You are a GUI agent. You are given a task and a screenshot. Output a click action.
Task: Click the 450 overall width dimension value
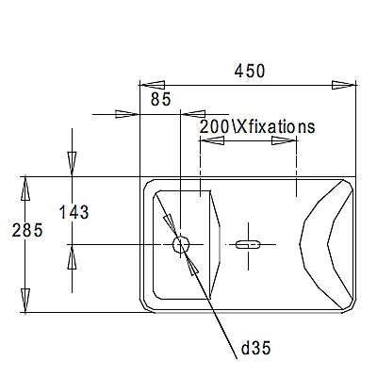pos(250,72)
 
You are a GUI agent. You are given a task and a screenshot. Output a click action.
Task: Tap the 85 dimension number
pos(160,97)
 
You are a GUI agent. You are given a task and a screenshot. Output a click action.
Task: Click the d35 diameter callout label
pos(255,349)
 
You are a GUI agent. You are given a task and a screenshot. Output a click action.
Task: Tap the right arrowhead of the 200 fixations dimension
pos(286,142)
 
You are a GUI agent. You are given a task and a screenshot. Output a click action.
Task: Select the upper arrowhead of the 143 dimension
pos(71,164)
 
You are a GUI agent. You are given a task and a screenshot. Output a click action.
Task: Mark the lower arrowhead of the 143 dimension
pos(71,256)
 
